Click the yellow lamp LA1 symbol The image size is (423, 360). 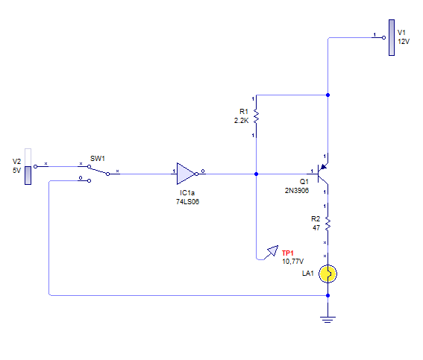(x=328, y=274)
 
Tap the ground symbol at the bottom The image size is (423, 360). (x=328, y=320)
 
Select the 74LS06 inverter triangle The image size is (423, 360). (x=187, y=174)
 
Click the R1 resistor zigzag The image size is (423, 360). (x=256, y=117)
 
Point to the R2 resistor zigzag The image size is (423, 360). (x=328, y=224)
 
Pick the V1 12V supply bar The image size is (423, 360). (x=392, y=38)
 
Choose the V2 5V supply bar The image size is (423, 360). (x=28, y=166)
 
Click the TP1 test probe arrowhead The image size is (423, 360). (x=273, y=250)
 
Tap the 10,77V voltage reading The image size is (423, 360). (x=292, y=262)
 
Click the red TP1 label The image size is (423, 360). (x=287, y=253)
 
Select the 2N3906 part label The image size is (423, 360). (x=297, y=191)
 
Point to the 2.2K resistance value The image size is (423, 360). (x=241, y=121)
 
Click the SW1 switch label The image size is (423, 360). (x=98, y=159)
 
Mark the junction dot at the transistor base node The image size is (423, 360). (x=257, y=174)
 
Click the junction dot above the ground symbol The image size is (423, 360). (x=328, y=296)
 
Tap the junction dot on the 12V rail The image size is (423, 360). (x=328, y=95)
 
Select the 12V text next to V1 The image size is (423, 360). (x=404, y=42)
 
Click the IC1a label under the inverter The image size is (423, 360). (x=187, y=193)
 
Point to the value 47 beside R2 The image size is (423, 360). (x=316, y=228)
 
